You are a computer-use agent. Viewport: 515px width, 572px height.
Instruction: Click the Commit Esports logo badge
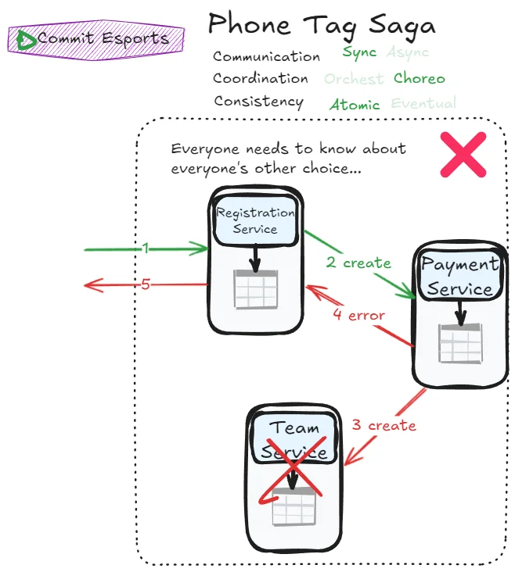pos(95,38)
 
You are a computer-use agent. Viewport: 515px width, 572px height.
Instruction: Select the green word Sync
pos(359,53)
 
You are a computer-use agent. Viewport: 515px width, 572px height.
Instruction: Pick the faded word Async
pos(408,53)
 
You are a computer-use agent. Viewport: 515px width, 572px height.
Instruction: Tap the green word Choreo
pos(420,78)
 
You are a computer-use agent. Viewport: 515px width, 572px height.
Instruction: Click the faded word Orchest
pos(354,79)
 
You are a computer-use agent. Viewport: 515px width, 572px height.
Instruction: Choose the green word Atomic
pos(355,105)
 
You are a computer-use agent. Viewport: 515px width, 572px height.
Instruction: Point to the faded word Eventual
pos(423,104)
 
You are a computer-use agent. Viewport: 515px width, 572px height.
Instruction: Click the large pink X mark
pos(463,153)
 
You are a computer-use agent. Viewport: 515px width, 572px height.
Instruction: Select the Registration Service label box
pos(255,220)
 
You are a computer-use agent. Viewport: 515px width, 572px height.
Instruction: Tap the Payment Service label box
pos(459,277)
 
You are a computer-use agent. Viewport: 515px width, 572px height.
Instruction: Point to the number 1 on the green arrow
pos(146,248)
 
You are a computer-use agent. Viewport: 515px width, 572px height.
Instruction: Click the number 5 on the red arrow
pos(146,284)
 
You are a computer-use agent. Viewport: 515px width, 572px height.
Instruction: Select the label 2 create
pos(358,263)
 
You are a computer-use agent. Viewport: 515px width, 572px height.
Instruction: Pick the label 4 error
pos(358,316)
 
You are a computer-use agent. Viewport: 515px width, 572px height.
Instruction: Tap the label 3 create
pos(384,426)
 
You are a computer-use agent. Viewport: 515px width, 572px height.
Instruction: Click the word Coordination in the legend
pos(261,79)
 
